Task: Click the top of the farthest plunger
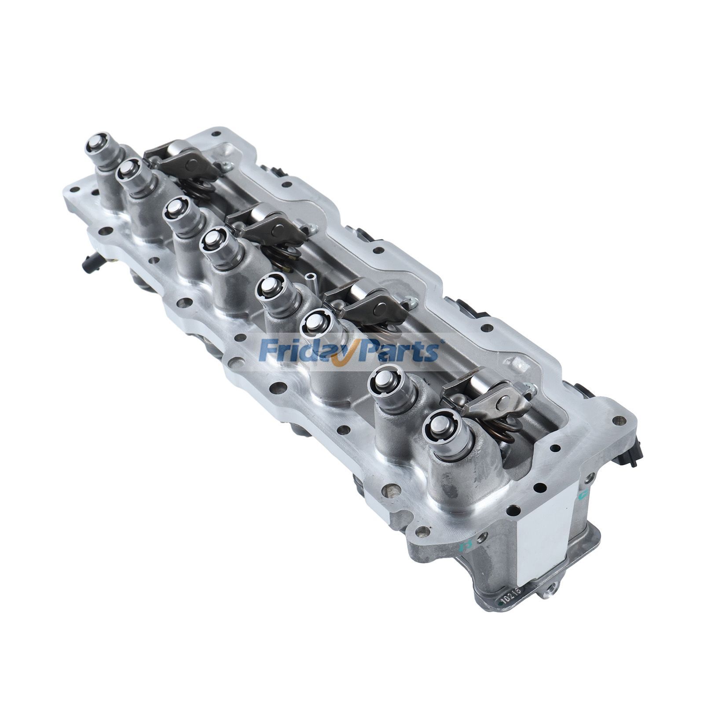[x=97, y=142]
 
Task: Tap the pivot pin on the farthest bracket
[x=192, y=165]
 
